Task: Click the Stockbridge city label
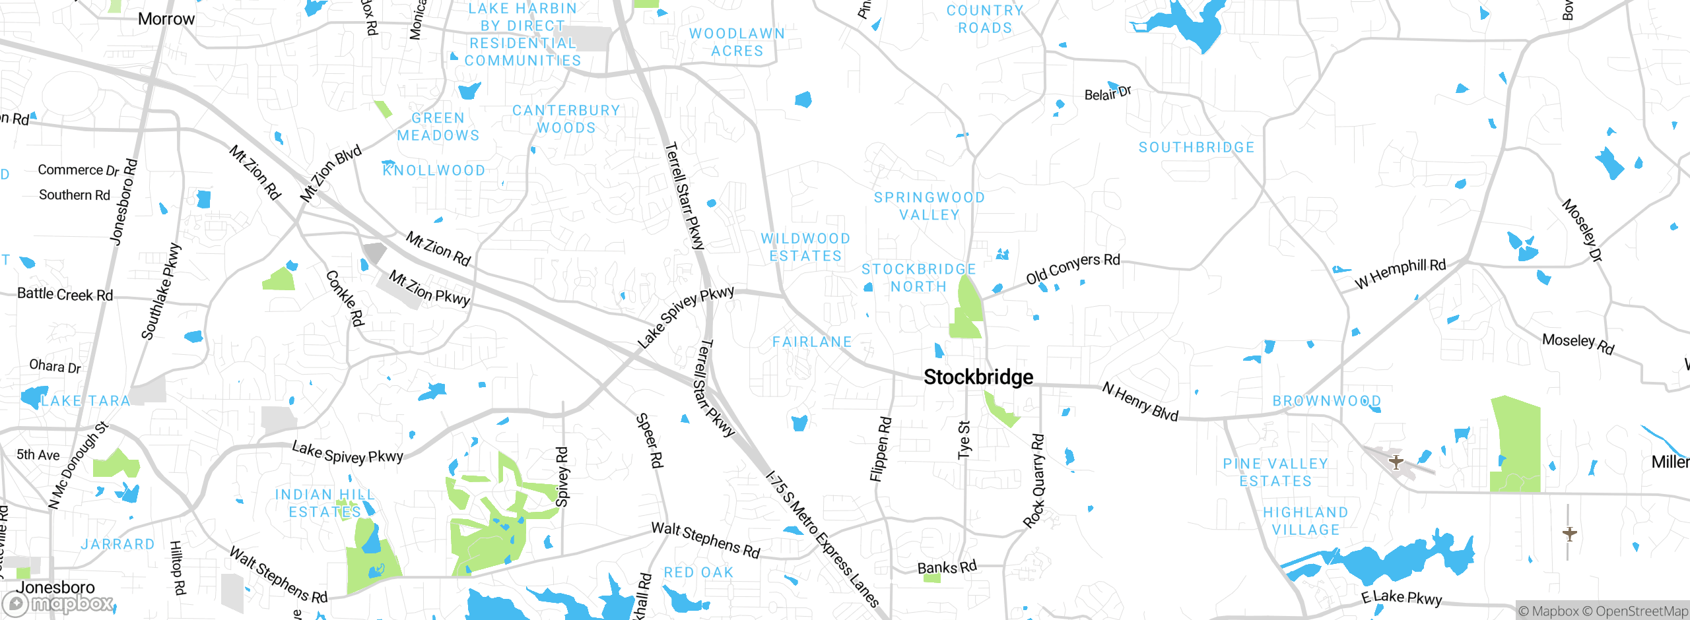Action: point(978,377)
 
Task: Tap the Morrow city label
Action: point(166,19)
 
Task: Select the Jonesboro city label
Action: point(55,587)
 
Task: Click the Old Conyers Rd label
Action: point(1073,268)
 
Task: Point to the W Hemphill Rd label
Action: point(1400,274)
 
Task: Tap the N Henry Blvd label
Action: point(1140,402)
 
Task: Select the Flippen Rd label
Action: point(881,449)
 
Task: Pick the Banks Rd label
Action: point(947,567)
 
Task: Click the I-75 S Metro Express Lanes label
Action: point(822,538)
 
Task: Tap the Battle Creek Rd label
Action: point(65,294)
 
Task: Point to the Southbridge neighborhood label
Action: point(1196,148)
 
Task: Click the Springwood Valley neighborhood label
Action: point(929,206)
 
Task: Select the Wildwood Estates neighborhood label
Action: point(805,247)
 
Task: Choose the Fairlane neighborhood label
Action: point(812,342)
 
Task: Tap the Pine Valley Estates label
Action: point(1275,473)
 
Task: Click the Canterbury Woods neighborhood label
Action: point(566,119)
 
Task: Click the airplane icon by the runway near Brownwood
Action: point(1396,461)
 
